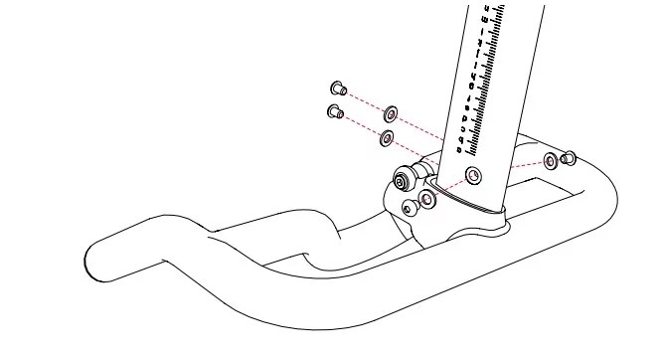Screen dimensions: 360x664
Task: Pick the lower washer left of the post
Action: click(387, 138)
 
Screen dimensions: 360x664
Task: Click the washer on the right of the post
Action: click(551, 161)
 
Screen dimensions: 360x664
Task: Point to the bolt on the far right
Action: click(571, 156)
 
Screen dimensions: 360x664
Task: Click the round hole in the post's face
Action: click(473, 177)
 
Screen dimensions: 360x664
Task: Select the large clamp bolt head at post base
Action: click(403, 181)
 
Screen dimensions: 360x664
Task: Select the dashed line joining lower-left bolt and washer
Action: click(361, 124)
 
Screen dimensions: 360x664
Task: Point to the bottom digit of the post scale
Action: click(459, 150)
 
